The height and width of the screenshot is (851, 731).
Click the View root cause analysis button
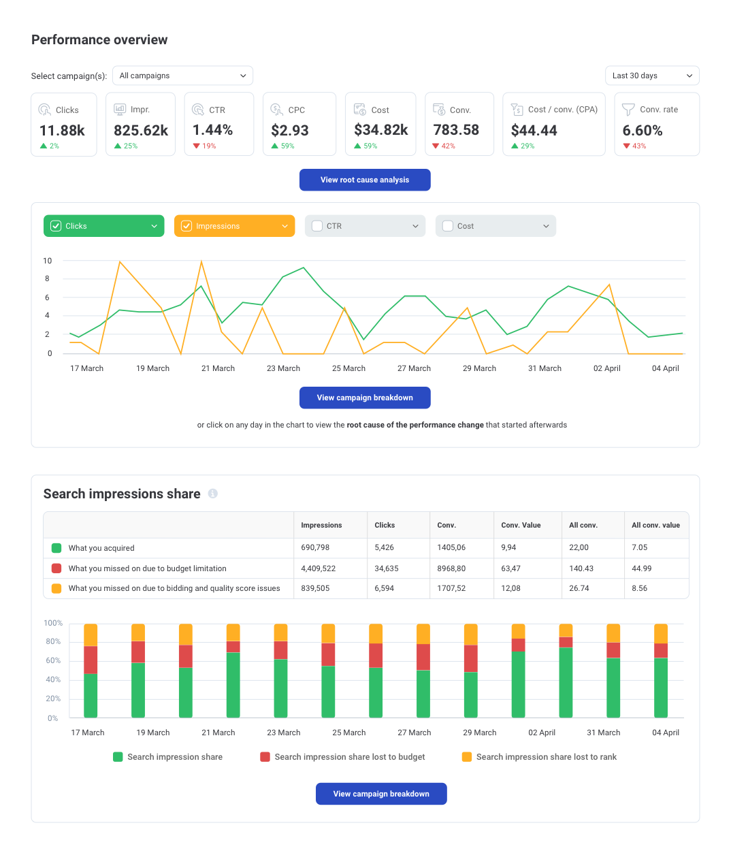click(x=365, y=180)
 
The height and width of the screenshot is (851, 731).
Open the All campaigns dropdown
click(x=182, y=76)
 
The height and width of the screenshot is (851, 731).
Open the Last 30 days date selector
click(x=651, y=76)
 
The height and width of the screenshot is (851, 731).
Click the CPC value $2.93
click(x=290, y=130)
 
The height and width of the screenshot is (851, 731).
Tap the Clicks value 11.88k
click(x=62, y=130)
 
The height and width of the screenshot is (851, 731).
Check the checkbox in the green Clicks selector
click(x=56, y=226)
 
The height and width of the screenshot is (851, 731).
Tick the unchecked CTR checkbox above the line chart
click(x=317, y=226)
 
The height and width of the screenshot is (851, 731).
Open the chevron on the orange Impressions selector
click(x=285, y=226)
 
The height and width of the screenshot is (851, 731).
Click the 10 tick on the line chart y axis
click(x=48, y=261)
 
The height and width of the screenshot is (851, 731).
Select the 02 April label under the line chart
click(x=606, y=368)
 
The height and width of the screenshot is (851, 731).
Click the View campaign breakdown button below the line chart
click(x=365, y=398)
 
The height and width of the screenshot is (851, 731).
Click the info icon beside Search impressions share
click(x=213, y=494)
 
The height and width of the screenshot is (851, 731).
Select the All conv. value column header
click(x=655, y=525)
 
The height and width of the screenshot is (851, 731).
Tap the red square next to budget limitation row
click(x=56, y=568)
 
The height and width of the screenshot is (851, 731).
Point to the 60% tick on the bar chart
click(x=53, y=660)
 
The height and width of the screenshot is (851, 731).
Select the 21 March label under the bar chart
click(x=218, y=733)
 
